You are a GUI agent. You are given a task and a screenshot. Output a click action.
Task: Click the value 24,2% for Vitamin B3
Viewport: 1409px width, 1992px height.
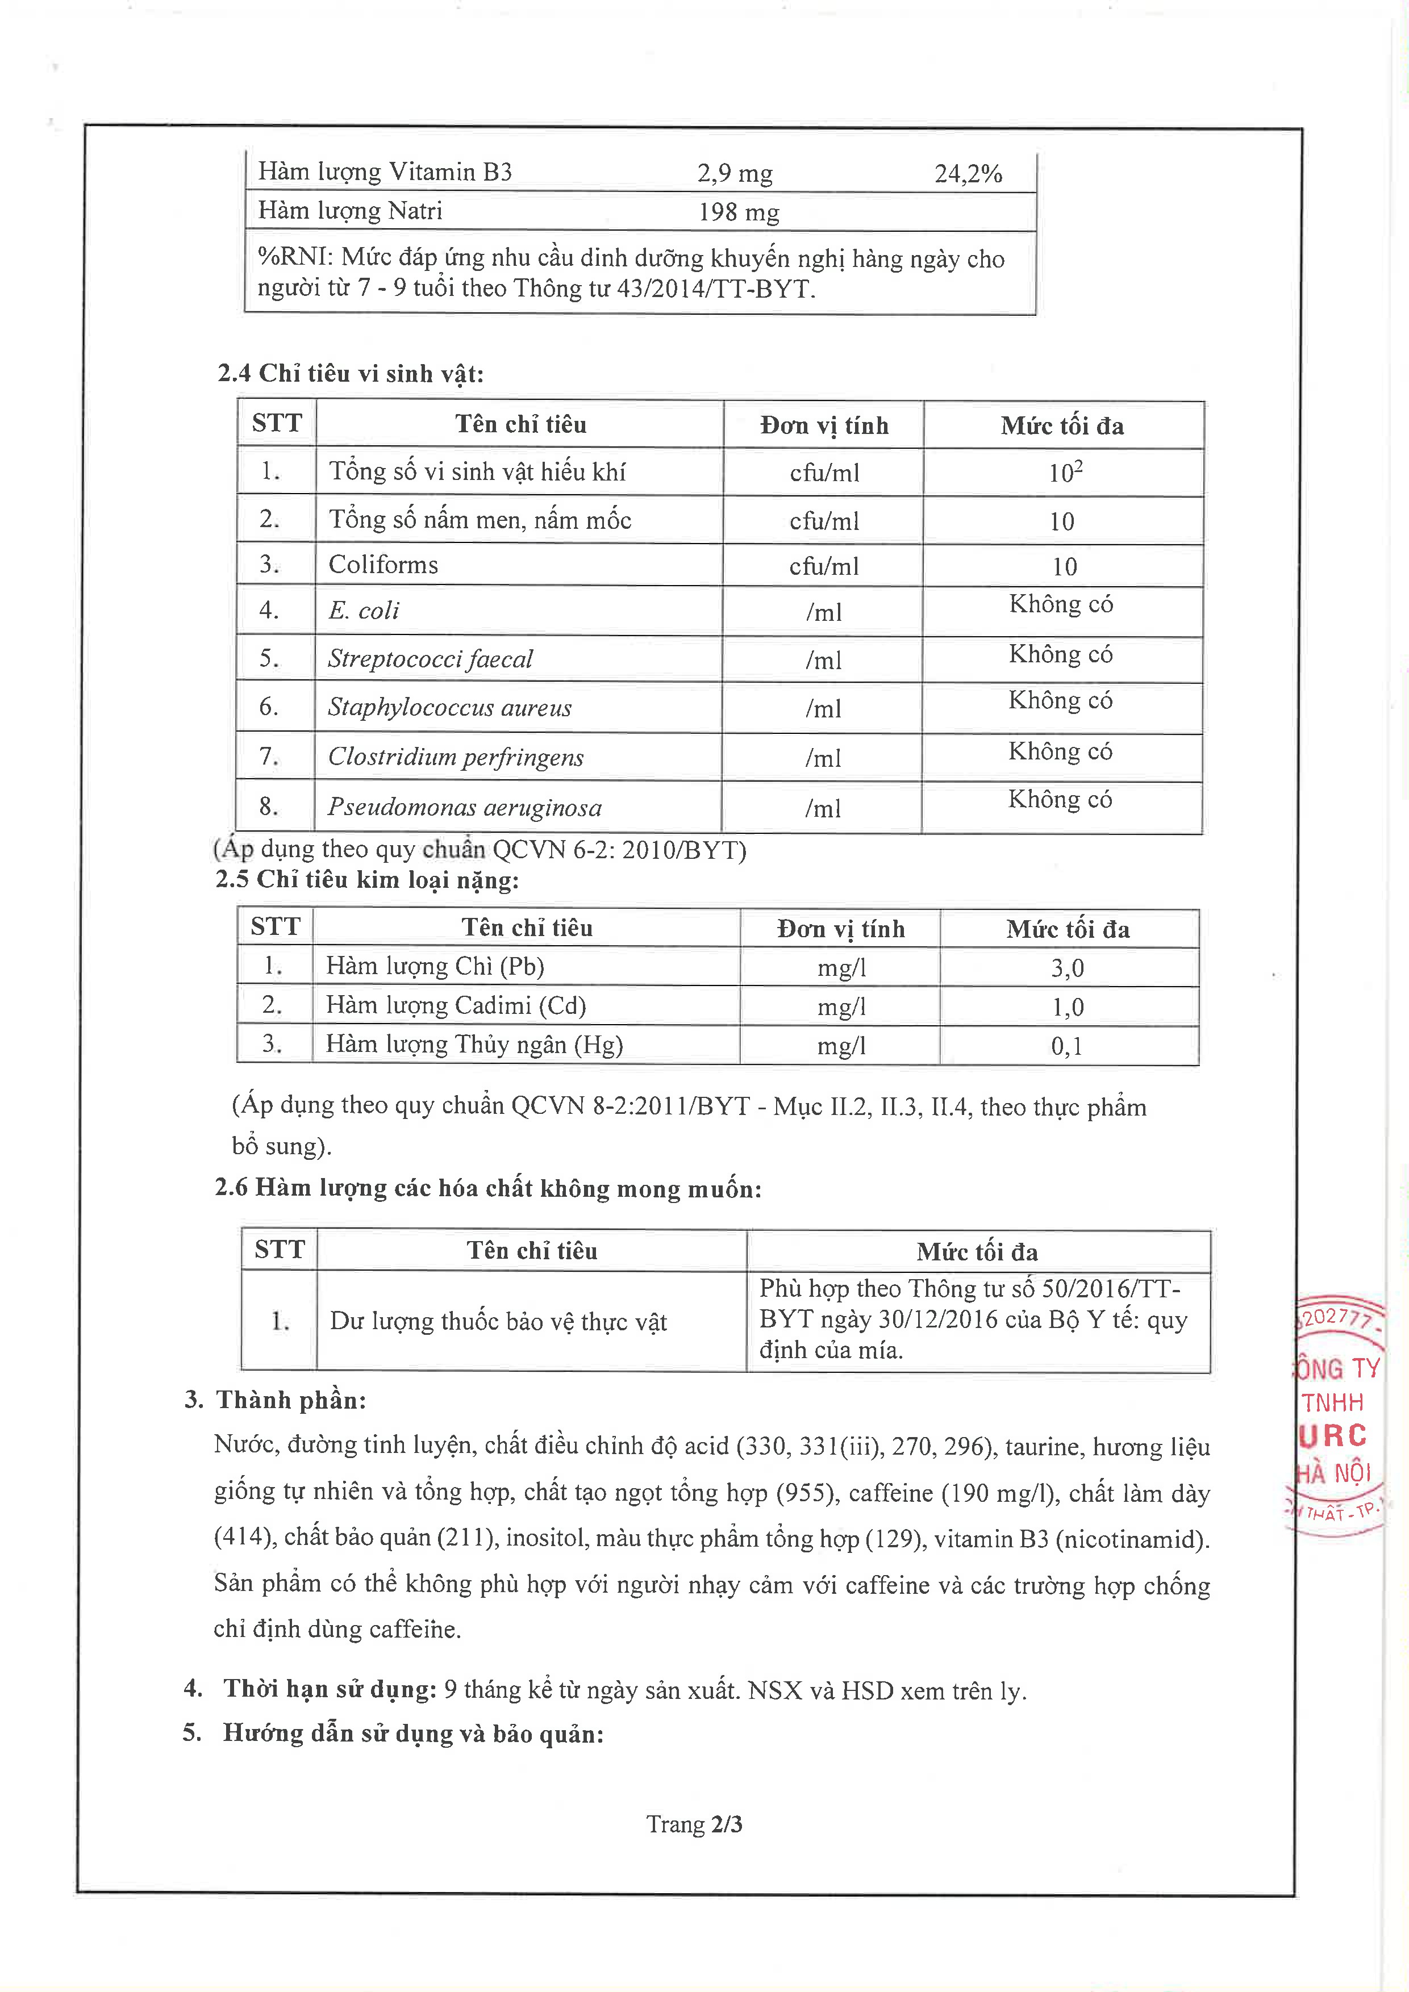[968, 173]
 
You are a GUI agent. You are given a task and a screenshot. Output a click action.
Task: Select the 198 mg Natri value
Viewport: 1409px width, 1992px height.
[739, 212]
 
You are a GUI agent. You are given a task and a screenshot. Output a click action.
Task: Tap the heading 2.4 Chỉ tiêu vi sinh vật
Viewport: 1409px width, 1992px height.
[351, 374]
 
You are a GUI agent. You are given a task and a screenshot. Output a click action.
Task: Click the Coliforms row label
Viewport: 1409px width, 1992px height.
[383, 565]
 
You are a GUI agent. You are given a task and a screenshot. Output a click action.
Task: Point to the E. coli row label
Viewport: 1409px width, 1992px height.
[364, 611]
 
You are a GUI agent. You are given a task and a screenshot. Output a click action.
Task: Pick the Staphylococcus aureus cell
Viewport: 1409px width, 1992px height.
[449, 708]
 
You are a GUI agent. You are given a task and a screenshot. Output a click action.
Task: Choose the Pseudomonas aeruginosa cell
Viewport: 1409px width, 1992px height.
[464, 808]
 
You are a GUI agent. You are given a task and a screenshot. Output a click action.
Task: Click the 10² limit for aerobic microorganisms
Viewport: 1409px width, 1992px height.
[1065, 473]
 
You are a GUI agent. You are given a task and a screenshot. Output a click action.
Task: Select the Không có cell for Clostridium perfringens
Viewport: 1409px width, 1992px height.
[1060, 751]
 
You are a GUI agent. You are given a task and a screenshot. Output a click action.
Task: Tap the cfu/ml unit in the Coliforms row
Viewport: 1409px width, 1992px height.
[823, 566]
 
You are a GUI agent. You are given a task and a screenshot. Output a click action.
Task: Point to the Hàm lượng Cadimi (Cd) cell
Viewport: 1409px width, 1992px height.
[456, 1005]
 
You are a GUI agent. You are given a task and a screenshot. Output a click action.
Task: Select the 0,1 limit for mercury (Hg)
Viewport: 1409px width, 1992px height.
[1066, 1046]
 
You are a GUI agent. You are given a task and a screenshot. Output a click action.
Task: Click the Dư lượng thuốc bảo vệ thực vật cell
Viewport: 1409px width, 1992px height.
[498, 1321]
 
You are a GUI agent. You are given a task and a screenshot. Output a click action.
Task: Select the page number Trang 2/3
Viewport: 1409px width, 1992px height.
[694, 1824]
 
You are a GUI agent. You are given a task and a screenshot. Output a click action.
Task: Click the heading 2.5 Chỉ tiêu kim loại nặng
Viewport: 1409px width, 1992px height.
[367, 880]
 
